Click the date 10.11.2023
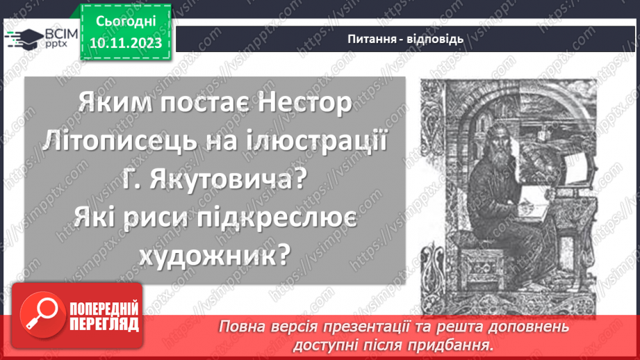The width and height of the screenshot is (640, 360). coord(125,43)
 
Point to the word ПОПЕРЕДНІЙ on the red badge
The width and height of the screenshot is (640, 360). coord(104,308)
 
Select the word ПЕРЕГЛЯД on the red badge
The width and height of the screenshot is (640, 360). coord(104,324)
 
